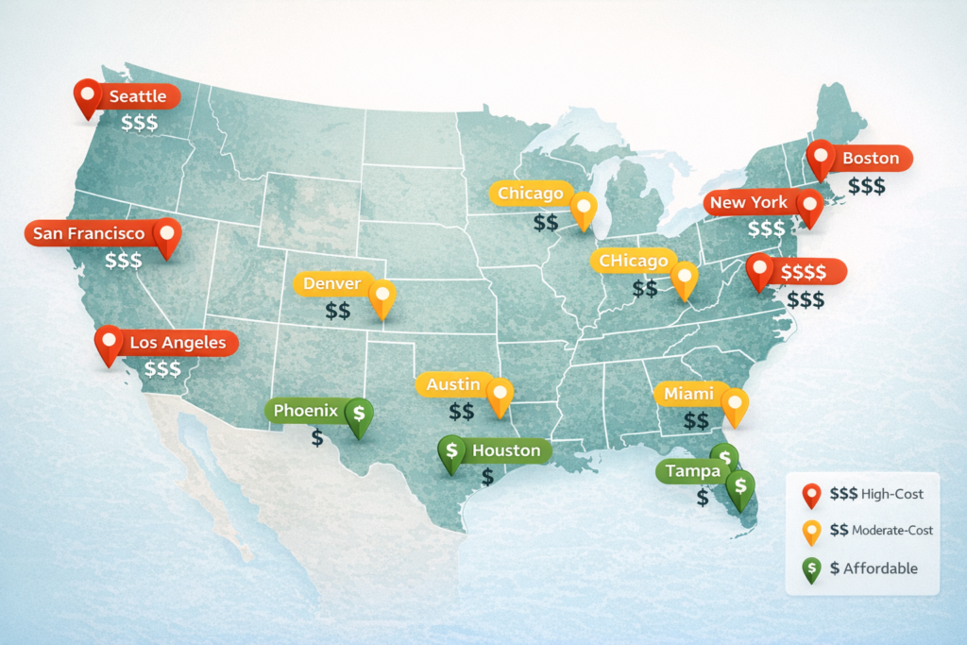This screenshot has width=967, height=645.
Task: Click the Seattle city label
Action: [138, 96]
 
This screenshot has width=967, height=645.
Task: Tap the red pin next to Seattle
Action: [88, 96]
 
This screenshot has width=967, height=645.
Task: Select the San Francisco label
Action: [89, 233]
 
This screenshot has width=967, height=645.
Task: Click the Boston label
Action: [871, 158]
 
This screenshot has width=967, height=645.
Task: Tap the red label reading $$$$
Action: [805, 272]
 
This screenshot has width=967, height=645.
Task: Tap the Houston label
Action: [506, 450]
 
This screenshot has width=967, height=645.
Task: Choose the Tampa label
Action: [692, 470]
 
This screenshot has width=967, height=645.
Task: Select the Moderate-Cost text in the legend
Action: [892, 531]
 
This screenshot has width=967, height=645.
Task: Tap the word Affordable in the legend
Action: [881, 568]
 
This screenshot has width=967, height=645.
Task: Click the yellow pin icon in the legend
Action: [810, 532]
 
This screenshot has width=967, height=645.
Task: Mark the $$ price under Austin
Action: [462, 412]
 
